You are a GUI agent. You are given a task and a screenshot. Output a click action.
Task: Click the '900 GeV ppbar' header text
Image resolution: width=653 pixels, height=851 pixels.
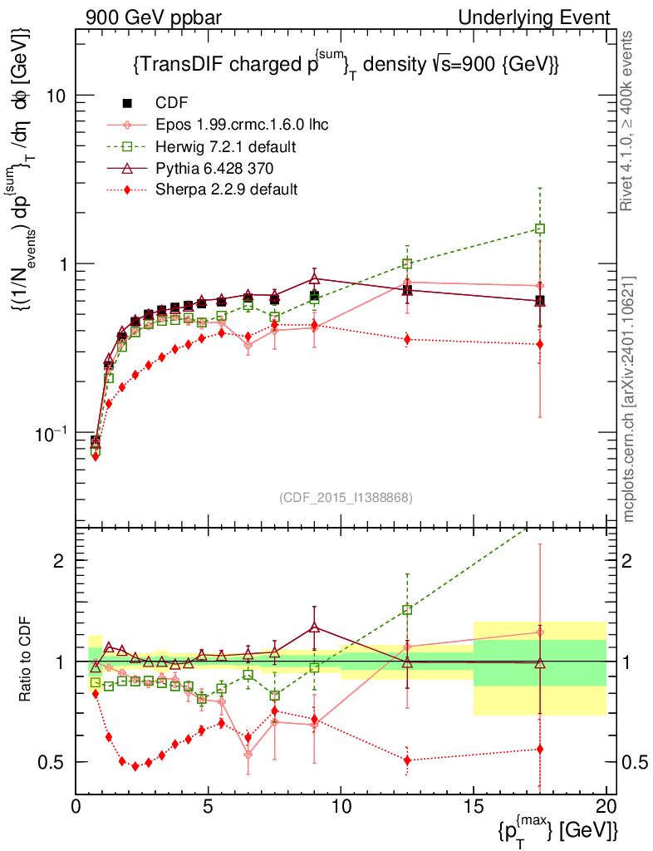[149, 17]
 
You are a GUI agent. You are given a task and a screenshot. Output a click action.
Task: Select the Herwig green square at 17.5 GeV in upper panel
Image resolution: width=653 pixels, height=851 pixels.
[540, 229]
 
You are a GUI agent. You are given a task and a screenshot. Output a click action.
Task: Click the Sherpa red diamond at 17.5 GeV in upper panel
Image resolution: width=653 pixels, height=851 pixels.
[540, 344]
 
